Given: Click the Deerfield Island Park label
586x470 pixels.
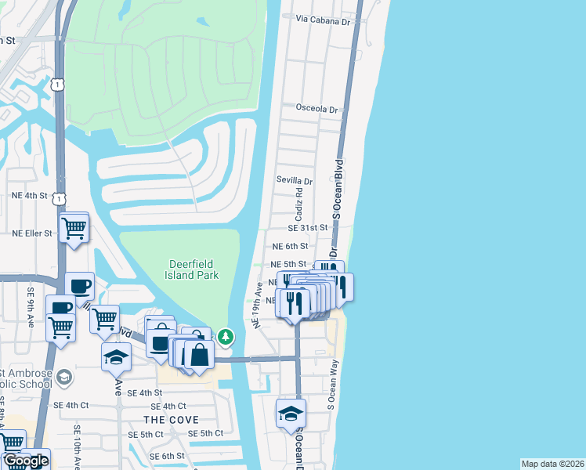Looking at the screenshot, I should pyautogui.click(x=192, y=269).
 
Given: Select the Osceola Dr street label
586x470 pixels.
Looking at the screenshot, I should pyautogui.click(x=317, y=109).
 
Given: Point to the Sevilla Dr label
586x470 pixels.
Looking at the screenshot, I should pyautogui.click(x=295, y=180).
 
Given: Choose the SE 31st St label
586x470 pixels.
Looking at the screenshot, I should pyautogui.click(x=306, y=228).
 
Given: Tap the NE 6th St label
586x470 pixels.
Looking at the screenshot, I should pyautogui.click(x=289, y=246).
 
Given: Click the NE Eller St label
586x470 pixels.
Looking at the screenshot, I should pyautogui.click(x=31, y=233).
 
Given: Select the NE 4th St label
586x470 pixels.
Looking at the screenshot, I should pyautogui.click(x=30, y=195).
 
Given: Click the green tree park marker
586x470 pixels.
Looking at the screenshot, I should pyautogui.click(x=226, y=337).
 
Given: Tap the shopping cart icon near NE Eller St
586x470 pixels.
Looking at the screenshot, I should pyautogui.click(x=74, y=228).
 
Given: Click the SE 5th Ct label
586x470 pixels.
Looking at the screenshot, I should pyautogui.click(x=205, y=433).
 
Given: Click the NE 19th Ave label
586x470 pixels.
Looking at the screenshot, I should pyautogui.click(x=256, y=305).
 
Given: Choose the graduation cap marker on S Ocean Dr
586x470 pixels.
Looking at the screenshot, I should pyautogui.click(x=291, y=414).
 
